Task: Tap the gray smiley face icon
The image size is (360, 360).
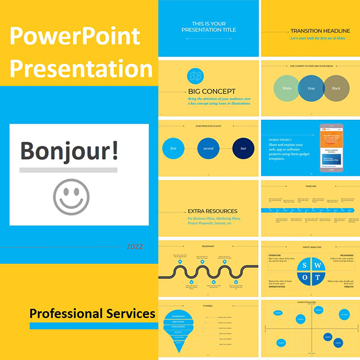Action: (70, 196)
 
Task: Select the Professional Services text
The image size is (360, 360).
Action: (92, 314)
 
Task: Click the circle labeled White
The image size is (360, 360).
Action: (287, 88)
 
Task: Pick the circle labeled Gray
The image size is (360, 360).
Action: (311, 88)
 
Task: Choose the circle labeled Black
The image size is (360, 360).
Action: (335, 88)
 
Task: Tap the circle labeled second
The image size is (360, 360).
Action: (208, 148)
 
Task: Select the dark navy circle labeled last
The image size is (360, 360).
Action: (244, 148)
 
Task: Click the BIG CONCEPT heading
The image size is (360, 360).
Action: (211, 91)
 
